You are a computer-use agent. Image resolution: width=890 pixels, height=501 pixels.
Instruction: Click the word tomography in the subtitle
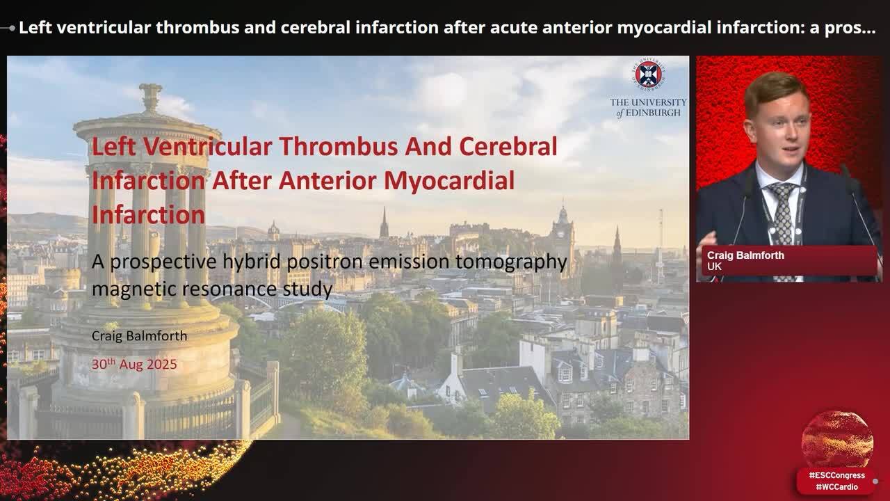point(512,262)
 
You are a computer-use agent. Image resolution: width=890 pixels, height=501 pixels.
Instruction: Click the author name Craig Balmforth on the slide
point(139,336)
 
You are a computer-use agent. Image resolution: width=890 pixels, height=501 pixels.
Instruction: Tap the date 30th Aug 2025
point(134,364)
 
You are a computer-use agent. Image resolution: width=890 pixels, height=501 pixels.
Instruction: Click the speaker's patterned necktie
point(784,209)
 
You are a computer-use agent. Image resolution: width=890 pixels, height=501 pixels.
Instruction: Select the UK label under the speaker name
point(714,267)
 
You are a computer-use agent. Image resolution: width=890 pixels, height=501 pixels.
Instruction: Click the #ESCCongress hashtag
point(836,475)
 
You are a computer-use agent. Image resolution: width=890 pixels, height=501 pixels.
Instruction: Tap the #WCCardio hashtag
point(836,487)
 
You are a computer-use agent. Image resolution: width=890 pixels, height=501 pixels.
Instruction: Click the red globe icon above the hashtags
point(837,439)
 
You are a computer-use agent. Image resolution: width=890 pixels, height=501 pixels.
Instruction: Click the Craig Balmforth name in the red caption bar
point(745,255)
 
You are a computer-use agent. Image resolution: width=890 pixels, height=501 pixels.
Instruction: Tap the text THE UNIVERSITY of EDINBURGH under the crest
point(648,107)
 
